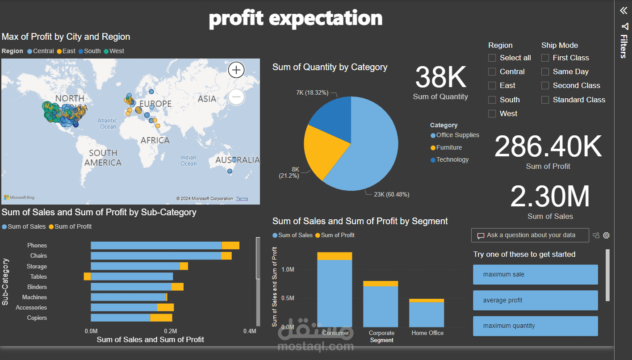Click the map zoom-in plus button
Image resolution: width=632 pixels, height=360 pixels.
click(x=236, y=70)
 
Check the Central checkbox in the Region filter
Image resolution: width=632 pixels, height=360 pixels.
click(x=492, y=71)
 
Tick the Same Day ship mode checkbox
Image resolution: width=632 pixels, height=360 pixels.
click(x=545, y=71)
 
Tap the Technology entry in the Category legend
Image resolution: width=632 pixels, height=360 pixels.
click(x=452, y=159)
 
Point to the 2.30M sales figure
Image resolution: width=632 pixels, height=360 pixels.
click(x=550, y=197)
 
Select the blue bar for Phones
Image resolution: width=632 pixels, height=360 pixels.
click(x=156, y=245)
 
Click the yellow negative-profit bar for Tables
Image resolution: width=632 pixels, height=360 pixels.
click(x=87, y=276)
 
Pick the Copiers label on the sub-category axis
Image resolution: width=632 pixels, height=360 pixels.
click(x=37, y=318)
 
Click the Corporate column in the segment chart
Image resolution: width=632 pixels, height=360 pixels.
click(x=381, y=306)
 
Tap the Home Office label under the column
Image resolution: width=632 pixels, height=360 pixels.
click(x=427, y=333)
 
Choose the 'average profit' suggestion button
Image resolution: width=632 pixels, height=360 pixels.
click(x=535, y=300)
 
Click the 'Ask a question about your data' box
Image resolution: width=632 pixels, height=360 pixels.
click(x=530, y=235)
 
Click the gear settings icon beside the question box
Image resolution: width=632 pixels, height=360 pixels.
click(x=606, y=235)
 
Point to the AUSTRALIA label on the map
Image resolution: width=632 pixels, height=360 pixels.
click(x=237, y=160)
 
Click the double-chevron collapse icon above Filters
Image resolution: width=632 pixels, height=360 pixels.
click(x=624, y=11)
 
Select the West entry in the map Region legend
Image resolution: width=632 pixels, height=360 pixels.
click(x=116, y=51)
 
